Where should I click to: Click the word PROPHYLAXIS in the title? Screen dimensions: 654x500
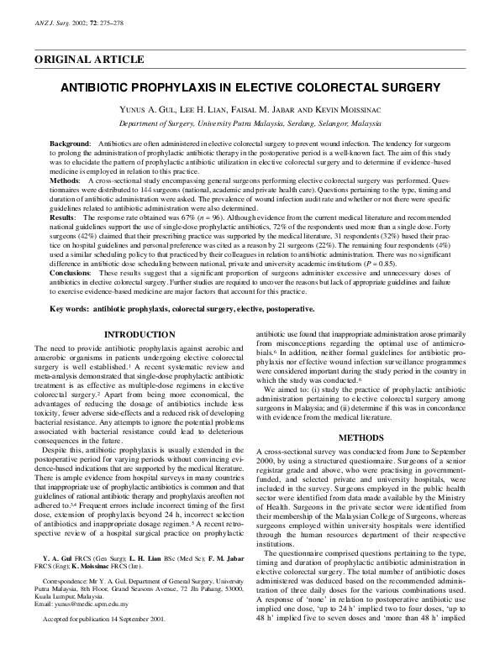pyautogui.click(x=171, y=86)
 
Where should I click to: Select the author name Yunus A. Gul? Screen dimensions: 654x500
pyautogui.click(x=157, y=109)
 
